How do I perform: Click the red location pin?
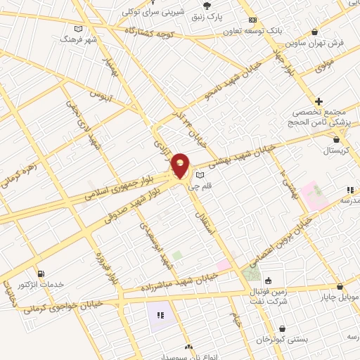181,166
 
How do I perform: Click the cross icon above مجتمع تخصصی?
319,102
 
